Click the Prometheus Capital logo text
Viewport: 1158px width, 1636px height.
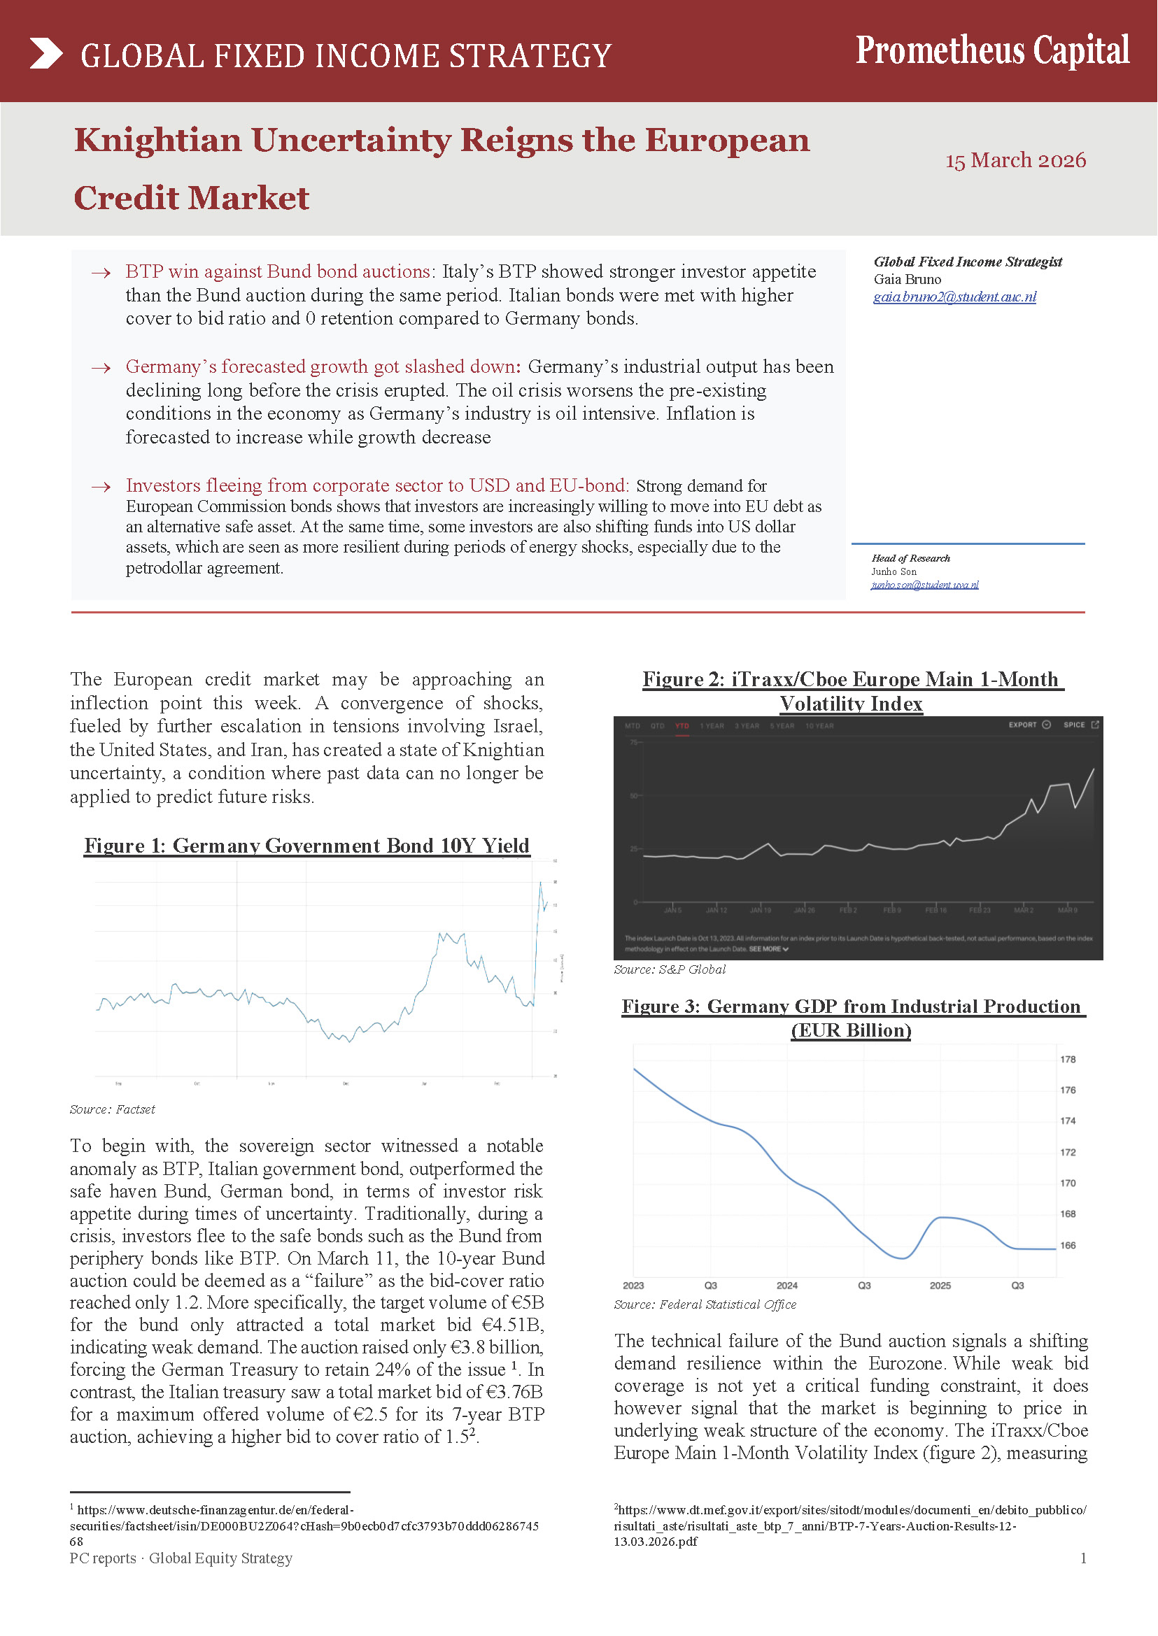coord(992,50)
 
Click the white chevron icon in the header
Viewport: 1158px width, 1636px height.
coord(46,54)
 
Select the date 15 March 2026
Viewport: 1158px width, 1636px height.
coord(1015,159)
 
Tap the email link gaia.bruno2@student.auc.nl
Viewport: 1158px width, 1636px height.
coord(954,297)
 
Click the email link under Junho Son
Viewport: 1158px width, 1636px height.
coord(924,585)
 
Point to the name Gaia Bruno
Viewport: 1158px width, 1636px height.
coord(907,280)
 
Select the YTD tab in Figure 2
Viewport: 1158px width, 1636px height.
coord(682,726)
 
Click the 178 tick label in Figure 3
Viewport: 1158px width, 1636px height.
coord(1068,1059)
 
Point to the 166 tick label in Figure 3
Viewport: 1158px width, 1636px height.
coord(1068,1245)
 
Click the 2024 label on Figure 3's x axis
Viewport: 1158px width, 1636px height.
coord(786,1286)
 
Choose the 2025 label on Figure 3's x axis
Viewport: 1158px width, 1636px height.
coord(940,1286)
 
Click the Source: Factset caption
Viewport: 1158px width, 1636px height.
coord(112,1109)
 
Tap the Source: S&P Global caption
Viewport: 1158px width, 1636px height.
coord(670,969)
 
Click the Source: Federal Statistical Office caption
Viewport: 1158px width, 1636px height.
coord(705,1304)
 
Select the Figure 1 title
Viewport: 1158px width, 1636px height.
coord(306,846)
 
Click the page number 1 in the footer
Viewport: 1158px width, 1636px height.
coord(1083,1558)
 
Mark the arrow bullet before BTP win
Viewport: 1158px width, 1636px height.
coord(101,273)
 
